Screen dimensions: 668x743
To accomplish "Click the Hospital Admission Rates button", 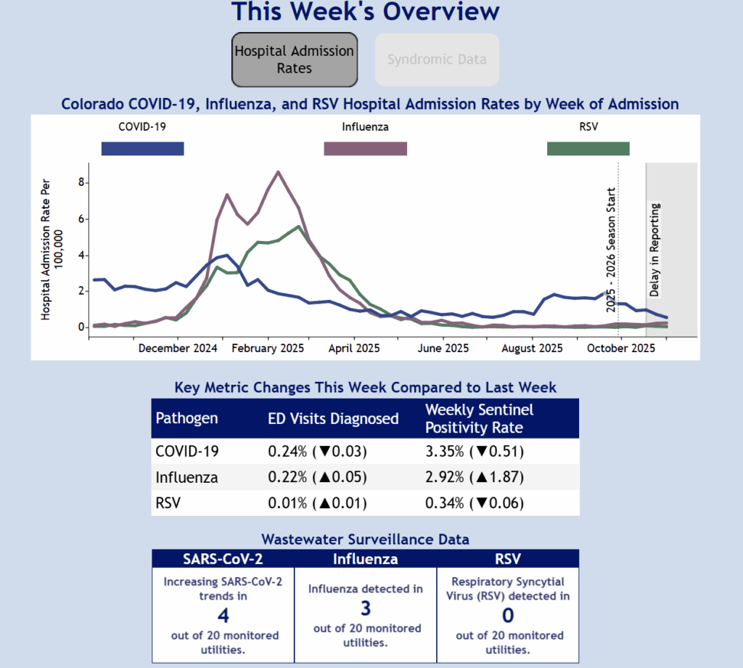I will (295, 60).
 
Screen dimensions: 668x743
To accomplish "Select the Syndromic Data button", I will (437, 60).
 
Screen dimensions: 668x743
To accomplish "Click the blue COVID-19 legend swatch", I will (142, 149).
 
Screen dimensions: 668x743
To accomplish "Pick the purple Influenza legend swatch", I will (365, 149).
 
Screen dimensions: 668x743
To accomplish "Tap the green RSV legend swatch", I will (588, 149).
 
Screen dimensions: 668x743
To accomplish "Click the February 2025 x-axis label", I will (268, 349).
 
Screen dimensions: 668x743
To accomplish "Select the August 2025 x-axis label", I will (532, 349).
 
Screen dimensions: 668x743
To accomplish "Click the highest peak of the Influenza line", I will (279, 172).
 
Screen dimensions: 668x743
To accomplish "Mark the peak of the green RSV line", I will (299, 227).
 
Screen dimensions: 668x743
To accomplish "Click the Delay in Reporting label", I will (654, 250).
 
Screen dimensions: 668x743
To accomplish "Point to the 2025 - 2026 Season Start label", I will (611, 250).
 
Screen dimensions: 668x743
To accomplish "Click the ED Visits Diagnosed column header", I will (333, 418).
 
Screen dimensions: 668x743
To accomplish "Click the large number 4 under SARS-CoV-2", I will (223, 616).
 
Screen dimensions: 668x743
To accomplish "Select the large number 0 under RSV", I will (508, 616).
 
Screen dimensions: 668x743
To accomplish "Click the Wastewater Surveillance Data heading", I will (365, 539).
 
